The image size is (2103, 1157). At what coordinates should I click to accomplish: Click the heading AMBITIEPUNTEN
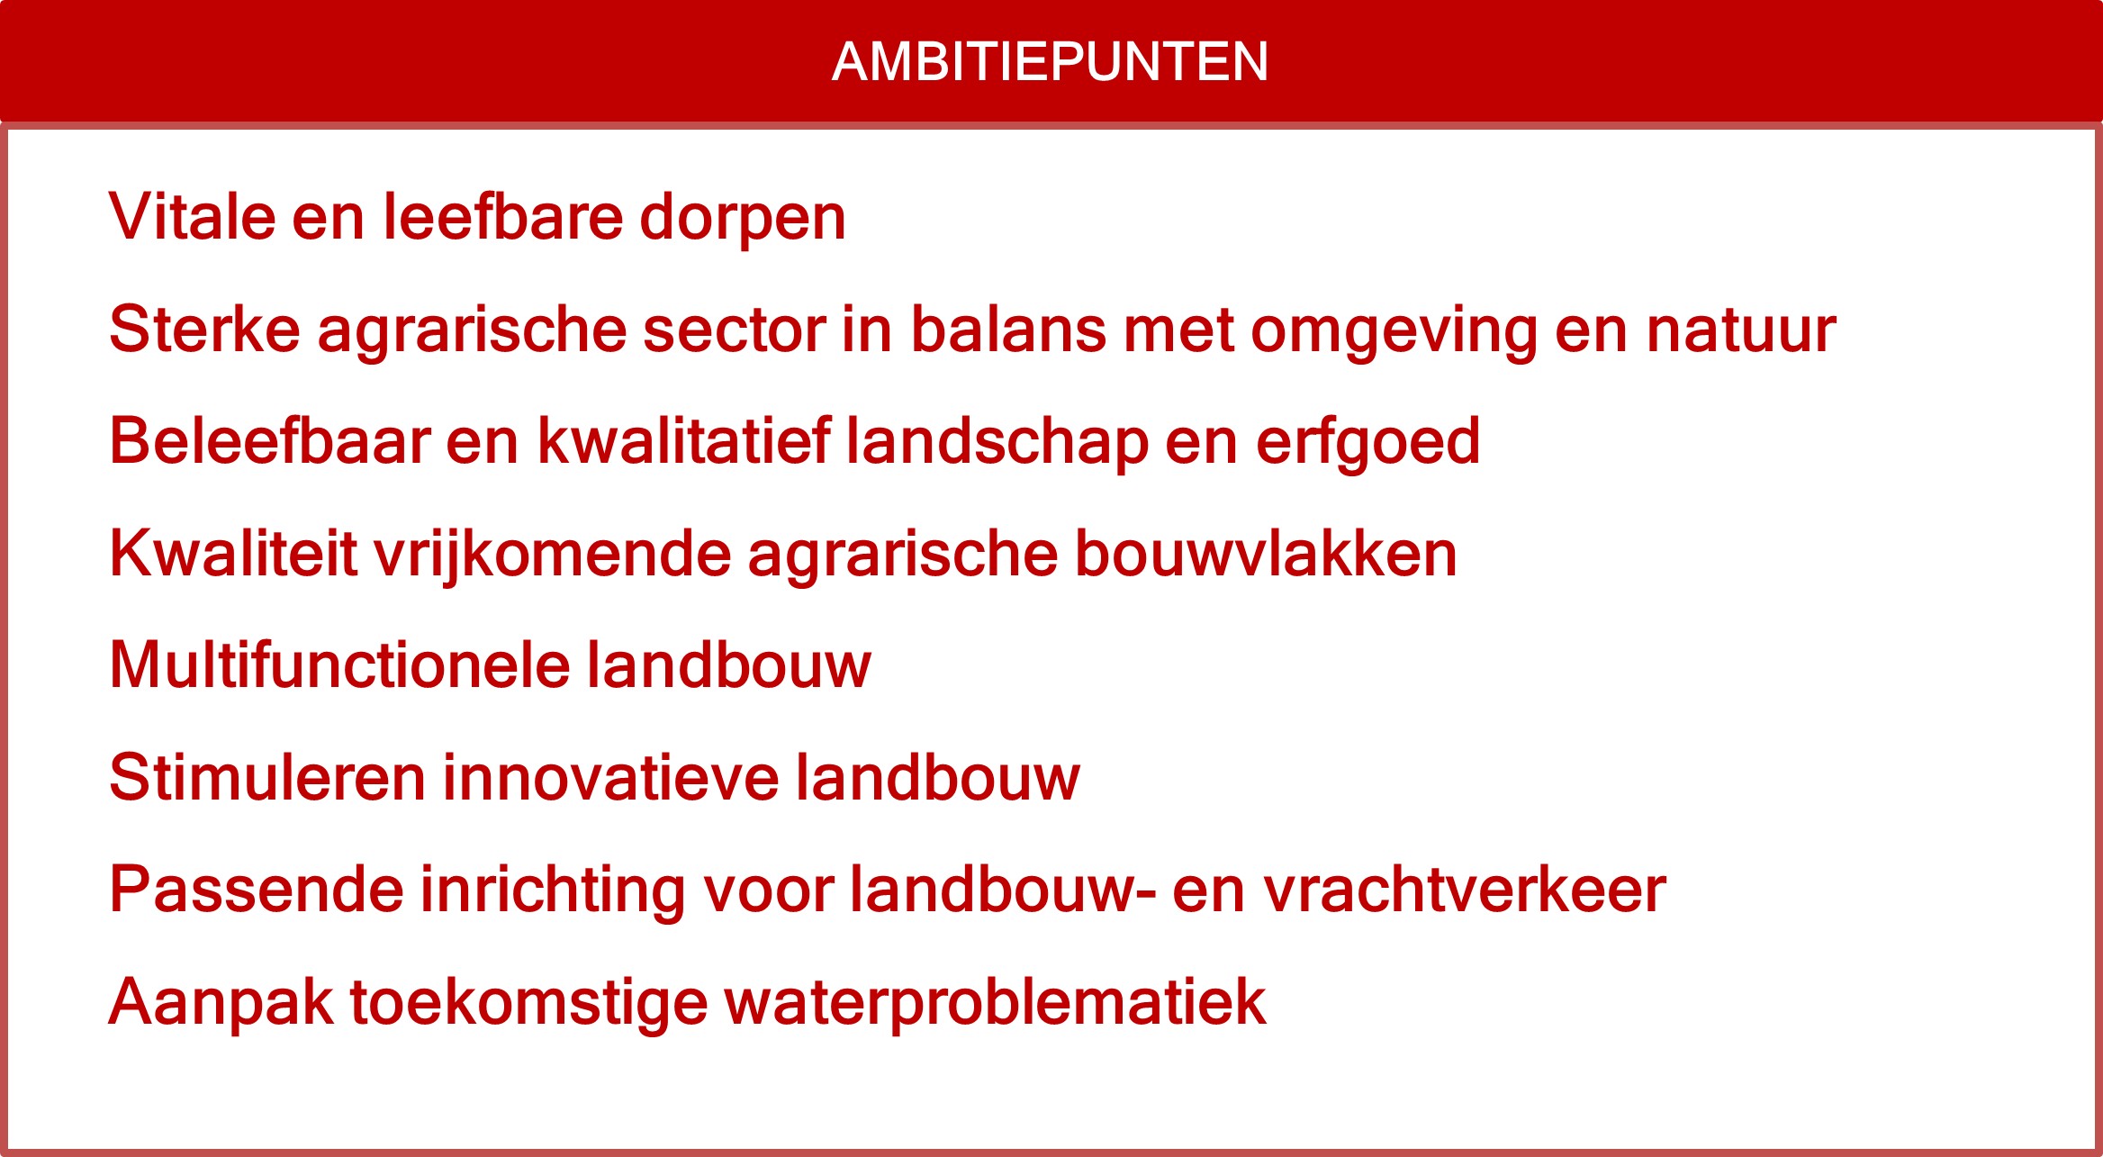(1050, 61)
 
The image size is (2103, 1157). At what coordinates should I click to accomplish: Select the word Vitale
(192, 217)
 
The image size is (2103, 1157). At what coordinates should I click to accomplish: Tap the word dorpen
(743, 217)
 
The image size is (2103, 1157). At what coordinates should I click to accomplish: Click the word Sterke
(204, 330)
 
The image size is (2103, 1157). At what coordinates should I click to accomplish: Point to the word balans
(1008, 330)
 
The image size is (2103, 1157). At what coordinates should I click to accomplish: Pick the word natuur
(1741, 330)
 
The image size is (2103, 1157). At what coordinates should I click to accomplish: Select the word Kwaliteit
(233, 553)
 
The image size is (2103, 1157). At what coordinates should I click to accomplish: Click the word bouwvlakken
(1266, 553)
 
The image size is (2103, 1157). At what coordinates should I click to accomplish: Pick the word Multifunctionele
(339, 665)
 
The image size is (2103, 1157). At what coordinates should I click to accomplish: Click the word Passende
(256, 890)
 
